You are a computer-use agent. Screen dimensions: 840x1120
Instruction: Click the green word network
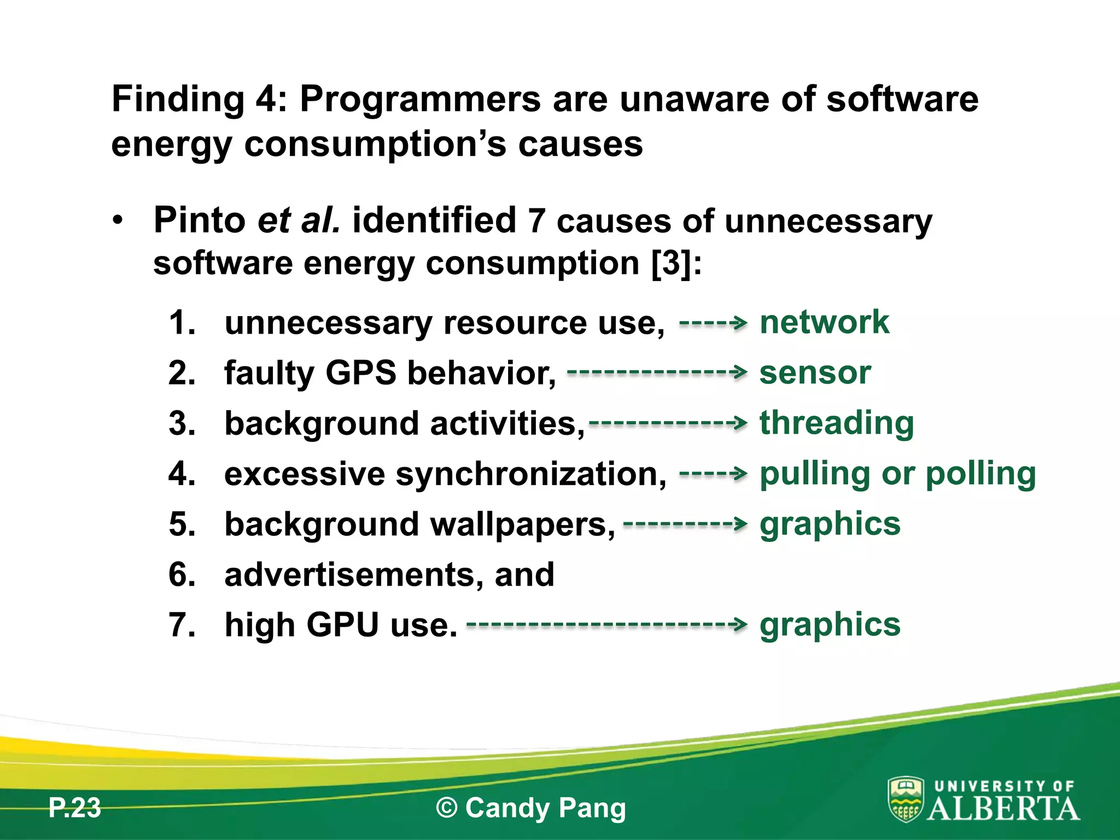(x=824, y=322)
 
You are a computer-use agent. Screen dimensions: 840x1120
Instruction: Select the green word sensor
(x=815, y=373)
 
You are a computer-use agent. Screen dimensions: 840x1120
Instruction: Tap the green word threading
(x=837, y=424)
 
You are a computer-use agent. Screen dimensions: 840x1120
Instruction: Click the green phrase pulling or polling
(x=897, y=474)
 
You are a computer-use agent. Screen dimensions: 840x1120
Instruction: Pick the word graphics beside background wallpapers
(x=830, y=524)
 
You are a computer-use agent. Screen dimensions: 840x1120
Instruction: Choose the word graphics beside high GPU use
(x=830, y=625)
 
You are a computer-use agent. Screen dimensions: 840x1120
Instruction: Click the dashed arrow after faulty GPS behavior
(x=657, y=372)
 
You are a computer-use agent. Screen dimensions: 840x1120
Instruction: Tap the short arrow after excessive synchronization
(x=713, y=473)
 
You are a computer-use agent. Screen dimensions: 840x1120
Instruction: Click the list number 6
(x=182, y=575)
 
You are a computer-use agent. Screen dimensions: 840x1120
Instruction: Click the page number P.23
(x=74, y=808)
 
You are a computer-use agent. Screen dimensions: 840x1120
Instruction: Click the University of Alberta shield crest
(x=906, y=799)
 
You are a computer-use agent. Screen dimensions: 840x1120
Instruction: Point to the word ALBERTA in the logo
(x=1004, y=809)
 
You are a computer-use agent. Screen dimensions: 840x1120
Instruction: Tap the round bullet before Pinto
(x=118, y=220)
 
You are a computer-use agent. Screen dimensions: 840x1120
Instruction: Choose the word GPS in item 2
(x=360, y=374)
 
